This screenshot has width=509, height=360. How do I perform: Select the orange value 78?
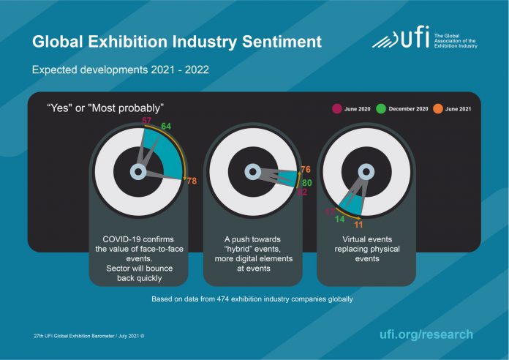point(192,181)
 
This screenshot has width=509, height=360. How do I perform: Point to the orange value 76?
point(306,169)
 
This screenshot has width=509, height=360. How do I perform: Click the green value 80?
point(307,182)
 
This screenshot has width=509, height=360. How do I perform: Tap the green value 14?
point(340,220)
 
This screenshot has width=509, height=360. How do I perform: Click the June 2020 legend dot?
point(336,109)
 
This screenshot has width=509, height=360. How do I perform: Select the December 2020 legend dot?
point(381,109)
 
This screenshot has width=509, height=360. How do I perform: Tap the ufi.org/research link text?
point(426,334)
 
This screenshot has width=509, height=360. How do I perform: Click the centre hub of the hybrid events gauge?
point(249,173)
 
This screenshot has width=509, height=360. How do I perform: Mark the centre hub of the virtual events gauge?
point(363,173)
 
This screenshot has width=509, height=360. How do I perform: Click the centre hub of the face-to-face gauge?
point(137,173)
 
